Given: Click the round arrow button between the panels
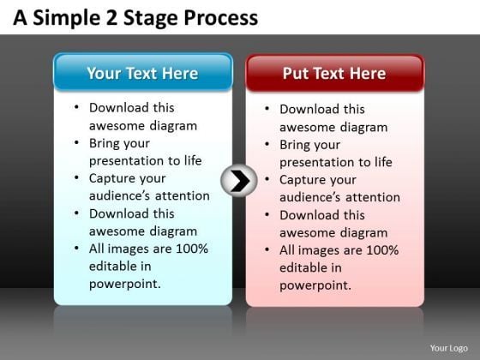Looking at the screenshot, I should (x=239, y=180).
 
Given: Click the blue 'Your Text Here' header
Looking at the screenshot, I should (x=142, y=73).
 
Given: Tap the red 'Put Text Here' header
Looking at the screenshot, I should (x=334, y=73).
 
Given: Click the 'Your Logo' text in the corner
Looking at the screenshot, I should (x=452, y=348).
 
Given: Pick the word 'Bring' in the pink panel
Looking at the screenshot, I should (x=297, y=145).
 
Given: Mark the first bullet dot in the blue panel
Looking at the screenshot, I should (x=78, y=109).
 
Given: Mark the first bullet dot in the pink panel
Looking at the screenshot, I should (x=268, y=111).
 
